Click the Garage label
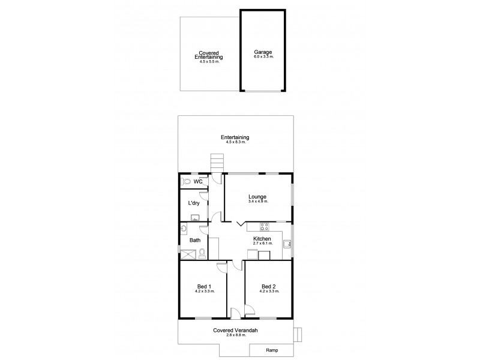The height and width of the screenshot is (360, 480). [263, 52]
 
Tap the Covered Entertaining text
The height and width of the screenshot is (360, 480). [209, 55]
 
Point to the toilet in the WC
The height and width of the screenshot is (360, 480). [187, 181]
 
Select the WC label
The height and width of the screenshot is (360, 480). [197, 181]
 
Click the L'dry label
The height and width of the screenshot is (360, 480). [194, 203]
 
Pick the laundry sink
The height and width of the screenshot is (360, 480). [194, 220]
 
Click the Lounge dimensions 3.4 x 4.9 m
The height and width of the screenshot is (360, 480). [257, 202]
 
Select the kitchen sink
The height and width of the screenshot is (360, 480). [287, 244]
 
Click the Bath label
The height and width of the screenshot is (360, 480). [195, 241]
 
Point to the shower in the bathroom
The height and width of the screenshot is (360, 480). [189, 254]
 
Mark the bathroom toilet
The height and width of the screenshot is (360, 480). [202, 253]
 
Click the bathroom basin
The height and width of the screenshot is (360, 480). [184, 228]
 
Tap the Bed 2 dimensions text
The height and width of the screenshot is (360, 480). [269, 291]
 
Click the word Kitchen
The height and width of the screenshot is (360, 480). [262, 238]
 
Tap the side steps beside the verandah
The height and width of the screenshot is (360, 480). [298, 334]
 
